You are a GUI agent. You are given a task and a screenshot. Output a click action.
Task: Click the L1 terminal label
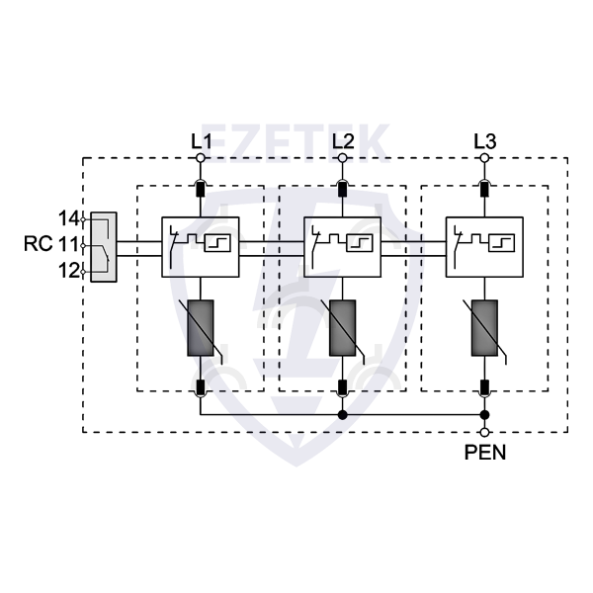tap(201, 141)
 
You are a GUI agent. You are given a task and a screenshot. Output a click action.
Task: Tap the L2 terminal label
tap(343, 141)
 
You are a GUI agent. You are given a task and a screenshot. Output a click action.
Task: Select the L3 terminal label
tap(484, 141)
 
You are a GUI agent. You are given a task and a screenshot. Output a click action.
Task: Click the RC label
tap(38, 243)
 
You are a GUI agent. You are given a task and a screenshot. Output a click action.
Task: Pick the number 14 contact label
tap(68, 217)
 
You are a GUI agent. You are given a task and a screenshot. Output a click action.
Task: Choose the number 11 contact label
tap(68, 243)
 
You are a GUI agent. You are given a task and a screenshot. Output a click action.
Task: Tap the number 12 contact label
tap(68, 270)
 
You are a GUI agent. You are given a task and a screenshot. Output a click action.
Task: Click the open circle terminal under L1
tap(201, 158)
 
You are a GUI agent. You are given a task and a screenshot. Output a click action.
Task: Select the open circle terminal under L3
tap(484, 158)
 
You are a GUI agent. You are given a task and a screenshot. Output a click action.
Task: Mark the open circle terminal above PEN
tap(484, 432)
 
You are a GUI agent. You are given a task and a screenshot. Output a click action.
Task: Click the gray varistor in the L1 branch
tap(201, 326)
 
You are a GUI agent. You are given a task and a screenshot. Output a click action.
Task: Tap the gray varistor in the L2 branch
tap(343, 326)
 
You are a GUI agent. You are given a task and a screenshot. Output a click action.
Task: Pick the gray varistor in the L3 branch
tap(484, 326)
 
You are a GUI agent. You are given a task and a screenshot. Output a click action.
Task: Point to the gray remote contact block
tap(103, 246)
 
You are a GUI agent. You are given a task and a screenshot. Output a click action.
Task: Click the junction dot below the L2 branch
tap(343, 415)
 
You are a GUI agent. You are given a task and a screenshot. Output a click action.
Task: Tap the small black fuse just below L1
tap(201, 188)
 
